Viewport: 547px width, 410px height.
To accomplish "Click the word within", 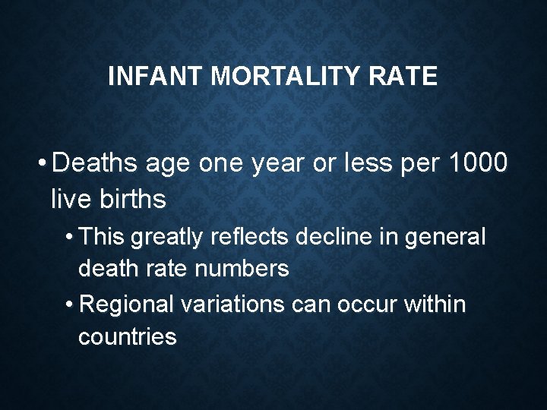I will [436, 304].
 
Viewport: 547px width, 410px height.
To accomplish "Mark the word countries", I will [127, 336].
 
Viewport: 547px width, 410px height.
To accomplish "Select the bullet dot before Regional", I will [69, 305].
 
